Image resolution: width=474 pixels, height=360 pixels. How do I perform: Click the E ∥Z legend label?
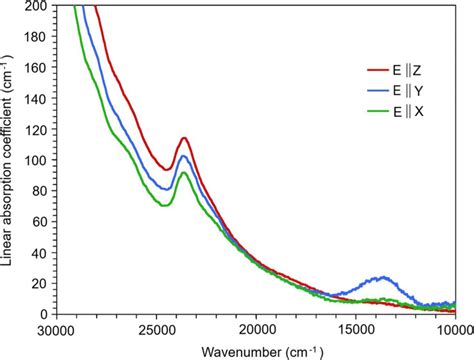tap(415, 72)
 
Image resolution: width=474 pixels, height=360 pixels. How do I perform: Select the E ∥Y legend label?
tap(415, 91)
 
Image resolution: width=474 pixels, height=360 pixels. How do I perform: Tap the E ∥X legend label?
tap(415, 110)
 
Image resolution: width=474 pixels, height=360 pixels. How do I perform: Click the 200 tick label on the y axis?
tap(36, 6)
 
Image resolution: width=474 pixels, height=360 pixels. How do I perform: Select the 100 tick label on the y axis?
tap(36, 160)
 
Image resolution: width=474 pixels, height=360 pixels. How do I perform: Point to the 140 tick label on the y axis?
tap(36, 99)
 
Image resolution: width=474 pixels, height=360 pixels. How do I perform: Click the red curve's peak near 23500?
tap(184, 138)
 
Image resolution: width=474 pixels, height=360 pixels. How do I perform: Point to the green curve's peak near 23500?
tap(183, 173)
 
